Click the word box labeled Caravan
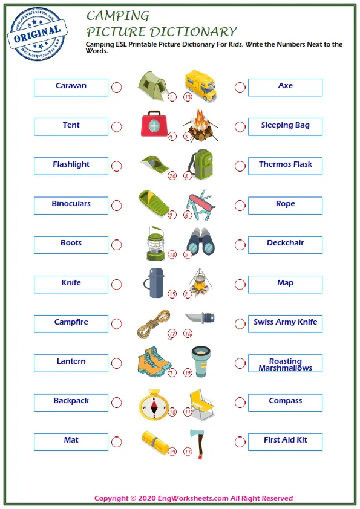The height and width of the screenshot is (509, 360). point(71,87)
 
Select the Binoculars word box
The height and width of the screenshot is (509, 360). point(71,205)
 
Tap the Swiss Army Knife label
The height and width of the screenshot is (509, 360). point(285,323)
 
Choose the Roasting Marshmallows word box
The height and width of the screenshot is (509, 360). point(285,363)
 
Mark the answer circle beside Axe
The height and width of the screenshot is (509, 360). point(240,88)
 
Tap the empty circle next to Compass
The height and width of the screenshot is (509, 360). point(240,403)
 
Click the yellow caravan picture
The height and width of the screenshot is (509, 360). point(201,85)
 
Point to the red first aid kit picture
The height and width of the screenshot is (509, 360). point(155,125)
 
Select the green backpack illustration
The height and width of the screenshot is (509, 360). point(200,163)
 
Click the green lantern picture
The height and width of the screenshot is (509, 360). point(155,242)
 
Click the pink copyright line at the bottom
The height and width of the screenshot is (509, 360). point(194,498)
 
